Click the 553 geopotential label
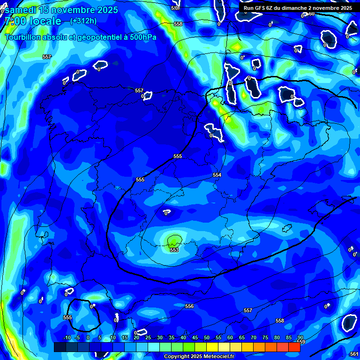coord(174,250)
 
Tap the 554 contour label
coord(217,175)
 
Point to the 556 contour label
coord(189,306)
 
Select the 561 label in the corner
coord(354,353)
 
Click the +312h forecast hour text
coord(83,21)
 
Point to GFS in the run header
coord(261,8)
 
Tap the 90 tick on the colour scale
coord(300,337)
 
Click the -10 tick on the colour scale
coord(66,337)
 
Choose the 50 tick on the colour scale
coord(207,337)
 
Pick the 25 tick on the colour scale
coord(148,337)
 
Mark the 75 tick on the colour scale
coord(265,337)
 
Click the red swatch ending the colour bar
coord(294,347)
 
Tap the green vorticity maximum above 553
coord(174,240)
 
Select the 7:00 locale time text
coord(33,21)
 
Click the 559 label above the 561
coord(301,342)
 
